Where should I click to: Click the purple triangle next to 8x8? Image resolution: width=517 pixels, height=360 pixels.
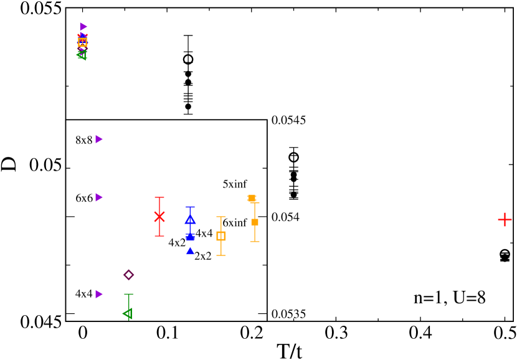(98, 139)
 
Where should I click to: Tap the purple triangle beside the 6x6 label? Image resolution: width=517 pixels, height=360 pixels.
(98, 197)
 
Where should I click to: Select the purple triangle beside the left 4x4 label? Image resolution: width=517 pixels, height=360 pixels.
(98, 294)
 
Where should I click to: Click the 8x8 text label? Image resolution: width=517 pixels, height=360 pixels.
(84, 140)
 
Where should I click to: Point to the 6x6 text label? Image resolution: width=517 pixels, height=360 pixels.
(84, 198)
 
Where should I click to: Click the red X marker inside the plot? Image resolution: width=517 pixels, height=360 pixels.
(159, 216)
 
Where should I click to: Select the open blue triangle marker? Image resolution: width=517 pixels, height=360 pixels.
(190, 219)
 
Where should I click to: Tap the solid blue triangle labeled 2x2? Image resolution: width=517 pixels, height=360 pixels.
(190, 250)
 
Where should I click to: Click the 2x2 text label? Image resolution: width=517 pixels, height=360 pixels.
(203, 256)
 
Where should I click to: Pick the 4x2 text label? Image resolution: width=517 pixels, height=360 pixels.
(177, 243)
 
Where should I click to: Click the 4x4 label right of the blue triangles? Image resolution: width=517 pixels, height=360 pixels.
(204, 234)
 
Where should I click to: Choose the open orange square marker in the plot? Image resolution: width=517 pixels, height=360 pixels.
(221, 235)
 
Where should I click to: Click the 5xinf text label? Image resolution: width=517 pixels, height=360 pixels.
(235, 184)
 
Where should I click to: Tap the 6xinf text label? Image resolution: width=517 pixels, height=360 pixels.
(235, 223)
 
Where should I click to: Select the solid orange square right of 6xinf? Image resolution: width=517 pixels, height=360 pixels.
(255, 222)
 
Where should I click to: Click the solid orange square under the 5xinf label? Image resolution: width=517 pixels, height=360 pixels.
(252, 198)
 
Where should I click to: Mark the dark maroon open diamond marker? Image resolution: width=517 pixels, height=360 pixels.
(129, 275)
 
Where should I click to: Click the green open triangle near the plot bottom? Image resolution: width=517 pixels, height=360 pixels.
(128, 313)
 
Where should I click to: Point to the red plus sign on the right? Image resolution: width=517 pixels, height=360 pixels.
(505, 219)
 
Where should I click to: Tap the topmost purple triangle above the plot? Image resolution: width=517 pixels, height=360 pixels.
(83, 27)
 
